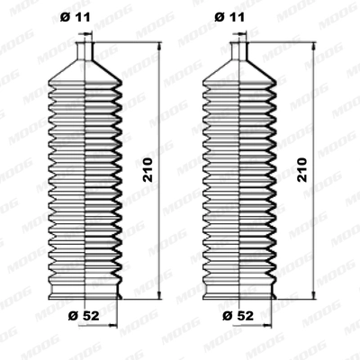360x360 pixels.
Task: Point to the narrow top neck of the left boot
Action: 85,50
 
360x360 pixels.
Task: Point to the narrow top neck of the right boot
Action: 240,50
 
